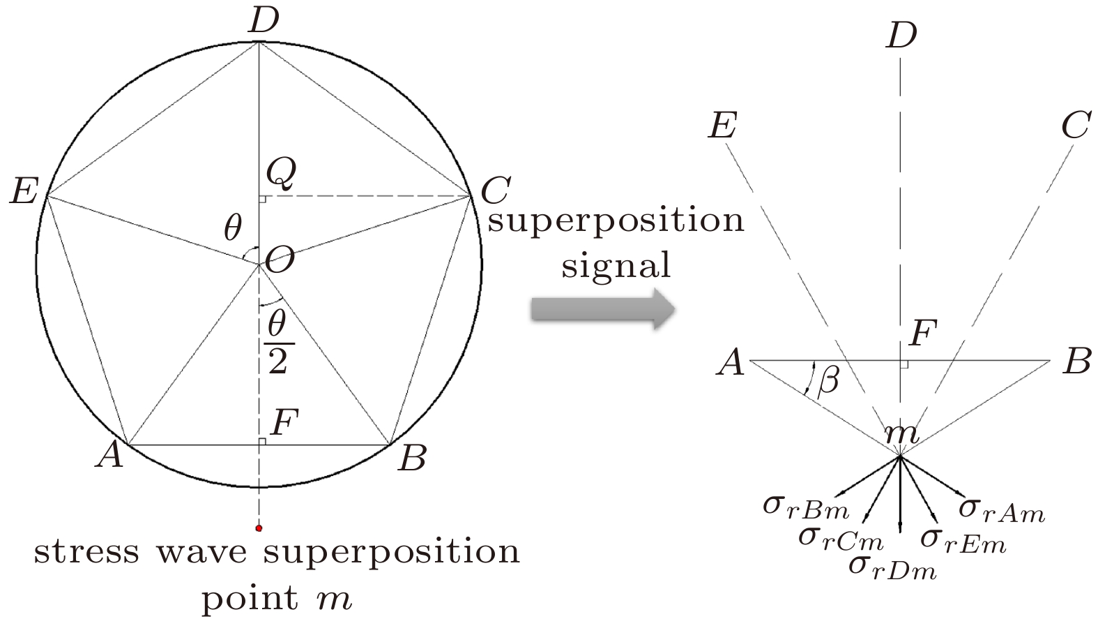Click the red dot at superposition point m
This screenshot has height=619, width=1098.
259,528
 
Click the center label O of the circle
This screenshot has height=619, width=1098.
279,260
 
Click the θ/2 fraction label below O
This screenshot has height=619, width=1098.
278,343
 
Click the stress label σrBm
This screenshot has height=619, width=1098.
805,507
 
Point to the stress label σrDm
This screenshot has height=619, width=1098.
892,566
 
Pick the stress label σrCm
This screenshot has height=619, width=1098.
840,537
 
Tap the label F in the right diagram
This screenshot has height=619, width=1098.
921,334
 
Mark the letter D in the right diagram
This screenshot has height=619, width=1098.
901,35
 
